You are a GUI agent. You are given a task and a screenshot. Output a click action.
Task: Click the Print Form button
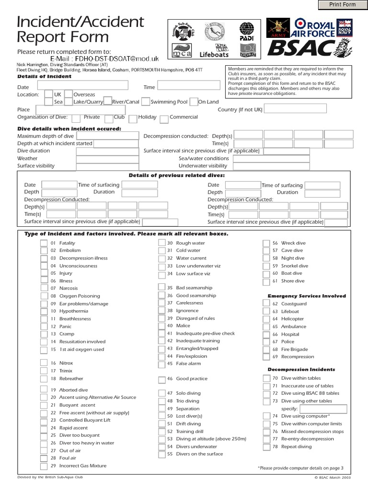(x=342, y=5)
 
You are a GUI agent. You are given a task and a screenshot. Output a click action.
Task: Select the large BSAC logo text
(x=300, y=47)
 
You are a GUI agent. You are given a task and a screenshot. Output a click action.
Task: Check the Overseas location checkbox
(x=69, y=94)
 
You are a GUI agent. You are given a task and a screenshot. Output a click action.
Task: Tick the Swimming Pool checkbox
(x=146, y=102)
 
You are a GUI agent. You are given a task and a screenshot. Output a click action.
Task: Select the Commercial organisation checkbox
(x=164, y=118)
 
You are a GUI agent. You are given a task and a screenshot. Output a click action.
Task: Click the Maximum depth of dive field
(x=107, y=136)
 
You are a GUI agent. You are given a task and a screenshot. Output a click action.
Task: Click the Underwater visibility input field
(x=271, y=166)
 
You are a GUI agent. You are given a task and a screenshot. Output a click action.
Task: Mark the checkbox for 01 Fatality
(x=44, y=243)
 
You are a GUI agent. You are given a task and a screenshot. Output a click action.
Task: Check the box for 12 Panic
(x=44, y=327)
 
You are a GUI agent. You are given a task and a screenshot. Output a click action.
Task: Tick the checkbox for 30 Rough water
(x=162, y=243)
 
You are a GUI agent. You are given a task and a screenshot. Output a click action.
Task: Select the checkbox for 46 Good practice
(x=162, y=380)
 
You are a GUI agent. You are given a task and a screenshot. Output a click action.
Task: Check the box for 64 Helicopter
(x=266, y=319)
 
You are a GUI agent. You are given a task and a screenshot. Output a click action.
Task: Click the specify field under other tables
(x=330, y=409)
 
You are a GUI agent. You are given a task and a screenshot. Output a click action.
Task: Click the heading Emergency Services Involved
(x=307, y=296)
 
